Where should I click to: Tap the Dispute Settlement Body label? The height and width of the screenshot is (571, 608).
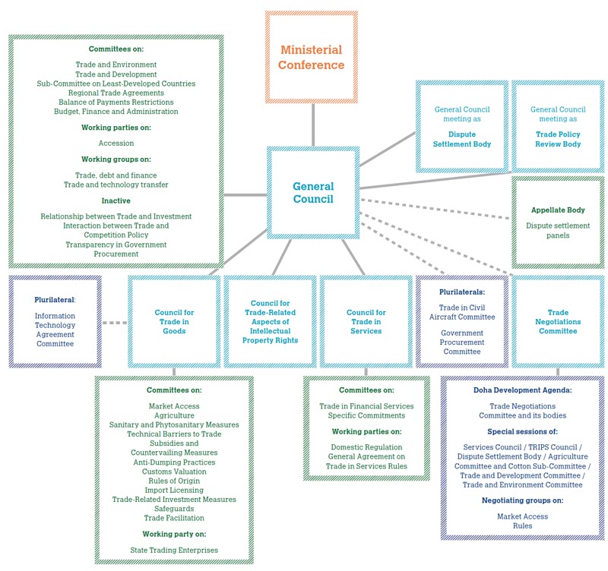click(x=462, y=139)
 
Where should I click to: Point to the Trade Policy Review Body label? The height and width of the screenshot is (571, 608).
click(x=558, y=139)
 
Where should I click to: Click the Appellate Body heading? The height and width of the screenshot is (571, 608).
click(x=558, y=210)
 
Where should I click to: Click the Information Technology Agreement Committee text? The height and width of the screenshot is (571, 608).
click(x=55, y=330)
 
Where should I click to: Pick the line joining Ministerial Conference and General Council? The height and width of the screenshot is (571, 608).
click(x=313, y=125)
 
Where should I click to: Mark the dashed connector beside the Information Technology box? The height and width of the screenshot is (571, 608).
click(x=115, y=322)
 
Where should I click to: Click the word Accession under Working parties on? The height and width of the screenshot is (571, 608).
click(x=116, y=144)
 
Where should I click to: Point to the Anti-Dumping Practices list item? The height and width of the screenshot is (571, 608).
click(x=174, y=462)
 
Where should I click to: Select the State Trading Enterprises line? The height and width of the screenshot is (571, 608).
click(x=174, y=550)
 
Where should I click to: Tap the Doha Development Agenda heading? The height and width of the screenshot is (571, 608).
click(x=523, y=390)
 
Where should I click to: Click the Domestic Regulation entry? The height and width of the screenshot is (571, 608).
click(x=366, y=447)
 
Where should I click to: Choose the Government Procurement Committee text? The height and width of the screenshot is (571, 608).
click(x=462, y=342)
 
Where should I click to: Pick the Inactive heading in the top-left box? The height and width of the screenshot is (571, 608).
click(x=116, y=200)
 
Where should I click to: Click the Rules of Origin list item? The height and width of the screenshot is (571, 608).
click(x=174, y=481)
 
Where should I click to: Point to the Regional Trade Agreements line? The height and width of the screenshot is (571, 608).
click(x=116, y=93)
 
